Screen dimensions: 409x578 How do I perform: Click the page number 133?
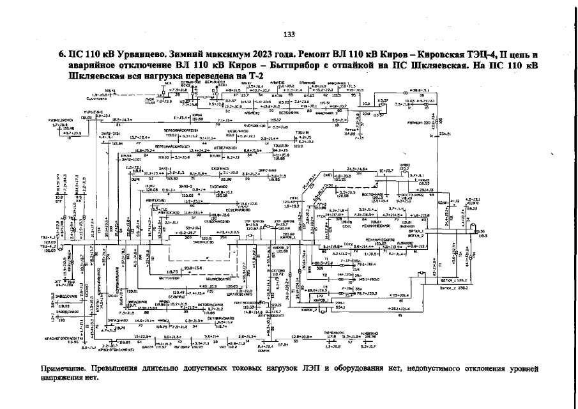pyautogui.click(x=289, y=34)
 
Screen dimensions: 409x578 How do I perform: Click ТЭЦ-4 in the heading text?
pyautogui.click(x=487, y=55)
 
